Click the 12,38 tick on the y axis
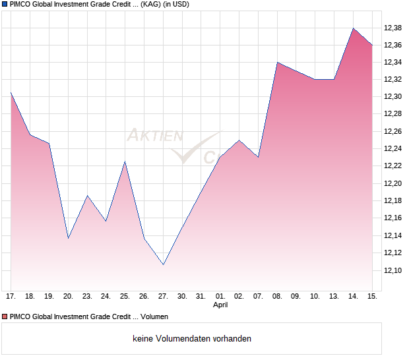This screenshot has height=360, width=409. [x=393, y=28]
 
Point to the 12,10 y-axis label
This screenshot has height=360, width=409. [x=393, y=270]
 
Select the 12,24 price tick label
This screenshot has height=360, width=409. [x=393, y=149]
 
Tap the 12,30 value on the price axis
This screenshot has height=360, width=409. [x=393, y=97]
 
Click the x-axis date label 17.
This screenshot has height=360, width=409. [x=11, y=297]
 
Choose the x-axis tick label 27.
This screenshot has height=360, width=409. [x=163, y=297]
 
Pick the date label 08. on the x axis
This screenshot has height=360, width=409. [x=277, y=297]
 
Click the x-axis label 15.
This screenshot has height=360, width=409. [x=372, y=297]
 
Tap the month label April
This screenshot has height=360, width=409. [x=220, y=306]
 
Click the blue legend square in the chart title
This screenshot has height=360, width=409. [x=5, y=5]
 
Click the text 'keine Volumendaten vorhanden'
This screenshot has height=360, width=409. [x=192, y=339]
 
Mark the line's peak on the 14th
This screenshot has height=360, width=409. [x=353, y=28]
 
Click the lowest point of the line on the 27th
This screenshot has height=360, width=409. [x=163, y=264]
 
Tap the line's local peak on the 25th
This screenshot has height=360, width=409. [x=125, y=162]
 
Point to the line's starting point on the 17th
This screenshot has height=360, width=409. [x=11, y=92]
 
